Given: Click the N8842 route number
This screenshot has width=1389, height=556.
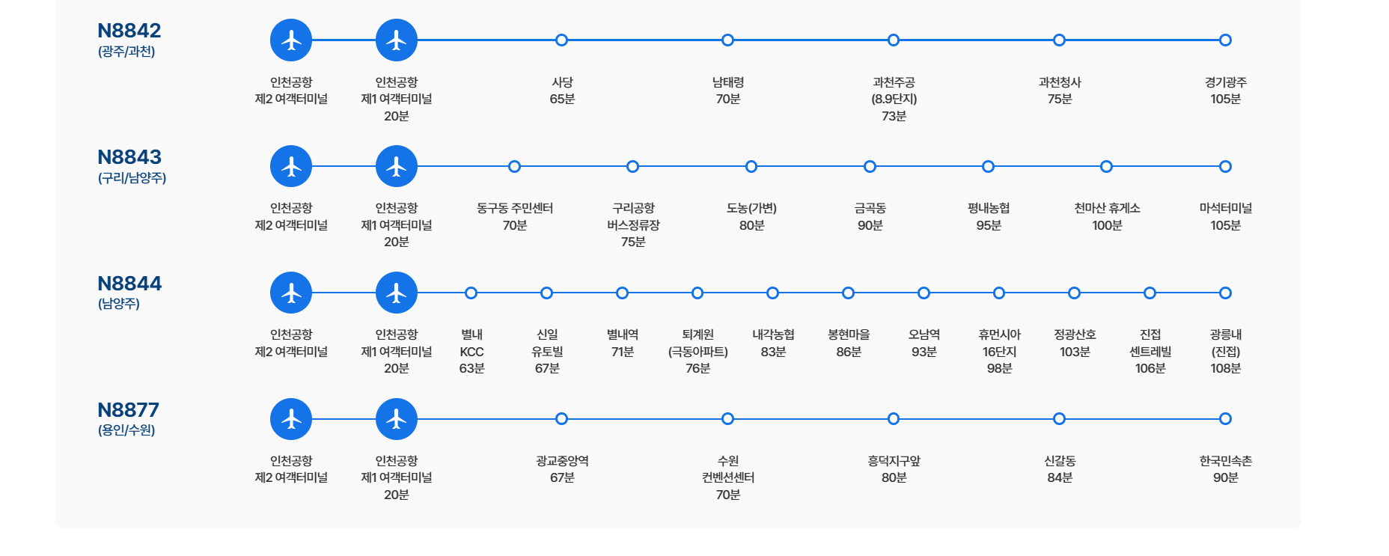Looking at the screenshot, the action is click(x=129, y=31).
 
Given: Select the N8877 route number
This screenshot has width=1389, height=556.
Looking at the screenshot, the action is click(x=128, y=410).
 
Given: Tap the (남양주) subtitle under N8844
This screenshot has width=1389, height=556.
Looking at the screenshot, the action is click(x=118, y=304).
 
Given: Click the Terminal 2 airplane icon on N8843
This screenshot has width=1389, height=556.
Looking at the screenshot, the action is click(x=291, y=166).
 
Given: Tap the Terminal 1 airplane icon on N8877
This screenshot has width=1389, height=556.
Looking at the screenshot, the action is click(x=396, y=419).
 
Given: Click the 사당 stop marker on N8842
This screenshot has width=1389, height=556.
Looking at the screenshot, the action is click(x=562, y=40).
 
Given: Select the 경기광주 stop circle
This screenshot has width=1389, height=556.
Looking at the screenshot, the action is click(x=1225, y=40).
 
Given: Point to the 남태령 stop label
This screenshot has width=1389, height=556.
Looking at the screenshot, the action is click(x=727, y=82).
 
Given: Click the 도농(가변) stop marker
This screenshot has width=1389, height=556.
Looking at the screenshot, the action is click(x=751, y=167).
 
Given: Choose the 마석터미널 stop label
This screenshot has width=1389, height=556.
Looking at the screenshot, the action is click(x=1225, y=208).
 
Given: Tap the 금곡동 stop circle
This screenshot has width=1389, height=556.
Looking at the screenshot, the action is click(x=870, y=167).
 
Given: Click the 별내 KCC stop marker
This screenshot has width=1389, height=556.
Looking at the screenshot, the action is click(x=471, y=293).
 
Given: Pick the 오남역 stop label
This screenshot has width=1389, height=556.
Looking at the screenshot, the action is click(x=924, y=334).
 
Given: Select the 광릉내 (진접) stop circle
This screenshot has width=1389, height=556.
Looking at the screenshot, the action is click(x=1225, y=293).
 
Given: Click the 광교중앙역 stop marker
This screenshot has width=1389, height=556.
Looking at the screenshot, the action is click(x=562, y=419).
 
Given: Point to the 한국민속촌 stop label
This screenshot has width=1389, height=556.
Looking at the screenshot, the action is click(x=1225, y=461).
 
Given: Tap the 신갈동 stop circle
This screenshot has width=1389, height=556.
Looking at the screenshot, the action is click(x=1059, y=419).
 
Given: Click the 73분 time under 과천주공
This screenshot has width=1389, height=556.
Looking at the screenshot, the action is click(x=894, y=116).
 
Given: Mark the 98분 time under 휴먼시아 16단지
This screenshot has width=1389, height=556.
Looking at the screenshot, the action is click(x=999, y=368).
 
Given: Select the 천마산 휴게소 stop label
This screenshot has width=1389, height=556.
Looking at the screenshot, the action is click(x=1107, y=208).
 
